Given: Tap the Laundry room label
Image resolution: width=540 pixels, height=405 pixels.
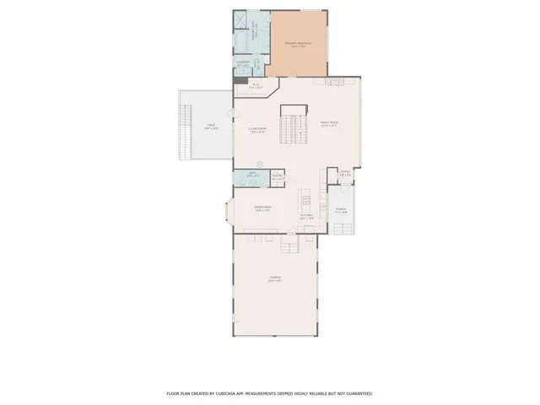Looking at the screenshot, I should click(x=242, y=62).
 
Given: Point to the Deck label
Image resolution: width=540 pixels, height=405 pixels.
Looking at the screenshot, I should click(x=211, y=128).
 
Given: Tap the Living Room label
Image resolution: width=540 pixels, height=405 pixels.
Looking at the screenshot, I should click(x=256, y=130).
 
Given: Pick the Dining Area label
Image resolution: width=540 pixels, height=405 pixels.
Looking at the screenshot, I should click(x=262, y=208).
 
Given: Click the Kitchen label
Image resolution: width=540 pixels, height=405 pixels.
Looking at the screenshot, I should click(x=307, y=217).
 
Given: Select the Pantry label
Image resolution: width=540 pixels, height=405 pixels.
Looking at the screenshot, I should click(x=278, y=178).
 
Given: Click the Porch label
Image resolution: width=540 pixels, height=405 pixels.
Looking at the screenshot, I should click(x=341, y=210).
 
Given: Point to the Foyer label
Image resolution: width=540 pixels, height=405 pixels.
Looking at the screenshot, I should click(x=345, y=173).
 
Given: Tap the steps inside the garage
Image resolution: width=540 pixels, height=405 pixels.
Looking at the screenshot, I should click(x=289, y=246).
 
